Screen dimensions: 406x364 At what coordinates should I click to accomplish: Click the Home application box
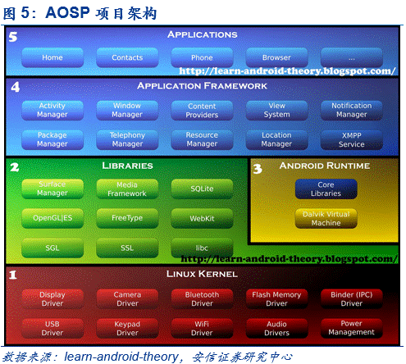[x=52, y=57]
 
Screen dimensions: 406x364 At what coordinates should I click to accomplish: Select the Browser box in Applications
[x=276, y=57]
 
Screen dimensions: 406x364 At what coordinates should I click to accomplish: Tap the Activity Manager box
[x=52, y=110]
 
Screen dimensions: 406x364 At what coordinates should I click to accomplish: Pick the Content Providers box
[x=202, y=110]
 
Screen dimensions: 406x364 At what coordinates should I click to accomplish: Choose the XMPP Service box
[x=352, y=139]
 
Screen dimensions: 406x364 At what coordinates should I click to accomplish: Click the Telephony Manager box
[x=127, y=139]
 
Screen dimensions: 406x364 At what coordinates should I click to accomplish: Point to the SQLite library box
[x=202, y=189]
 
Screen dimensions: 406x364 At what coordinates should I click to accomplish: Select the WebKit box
[x=202, y=218]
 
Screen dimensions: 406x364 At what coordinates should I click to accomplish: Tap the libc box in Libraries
[x=202, y=248]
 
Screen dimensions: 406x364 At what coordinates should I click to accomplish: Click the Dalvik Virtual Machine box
[x=326, y=218]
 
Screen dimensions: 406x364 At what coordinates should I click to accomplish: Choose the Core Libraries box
[x=326, y=189]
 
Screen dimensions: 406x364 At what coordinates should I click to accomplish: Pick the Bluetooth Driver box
[x=202, y=299]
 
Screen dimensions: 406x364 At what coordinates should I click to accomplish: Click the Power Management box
[x=352, y=328]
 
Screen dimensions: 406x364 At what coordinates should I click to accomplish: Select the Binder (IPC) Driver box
[x=352, y=299]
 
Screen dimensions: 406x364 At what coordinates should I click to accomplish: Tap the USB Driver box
[x=52, y=328]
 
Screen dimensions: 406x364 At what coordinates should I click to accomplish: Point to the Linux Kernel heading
[x=202, y=274]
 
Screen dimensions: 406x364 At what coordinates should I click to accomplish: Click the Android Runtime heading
[x=325, y=166]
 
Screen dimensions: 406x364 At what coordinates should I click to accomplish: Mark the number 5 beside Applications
[x=13, y=37]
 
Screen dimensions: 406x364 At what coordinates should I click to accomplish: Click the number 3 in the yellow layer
[x=258, y=169]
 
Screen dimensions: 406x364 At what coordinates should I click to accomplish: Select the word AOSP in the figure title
[x=67, y=12]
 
